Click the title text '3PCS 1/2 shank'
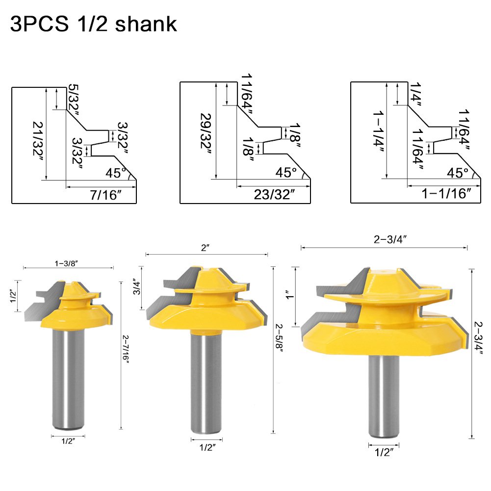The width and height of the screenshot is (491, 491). (x=93, y=24)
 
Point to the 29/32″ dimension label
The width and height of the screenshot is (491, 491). (x=206, y=133)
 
